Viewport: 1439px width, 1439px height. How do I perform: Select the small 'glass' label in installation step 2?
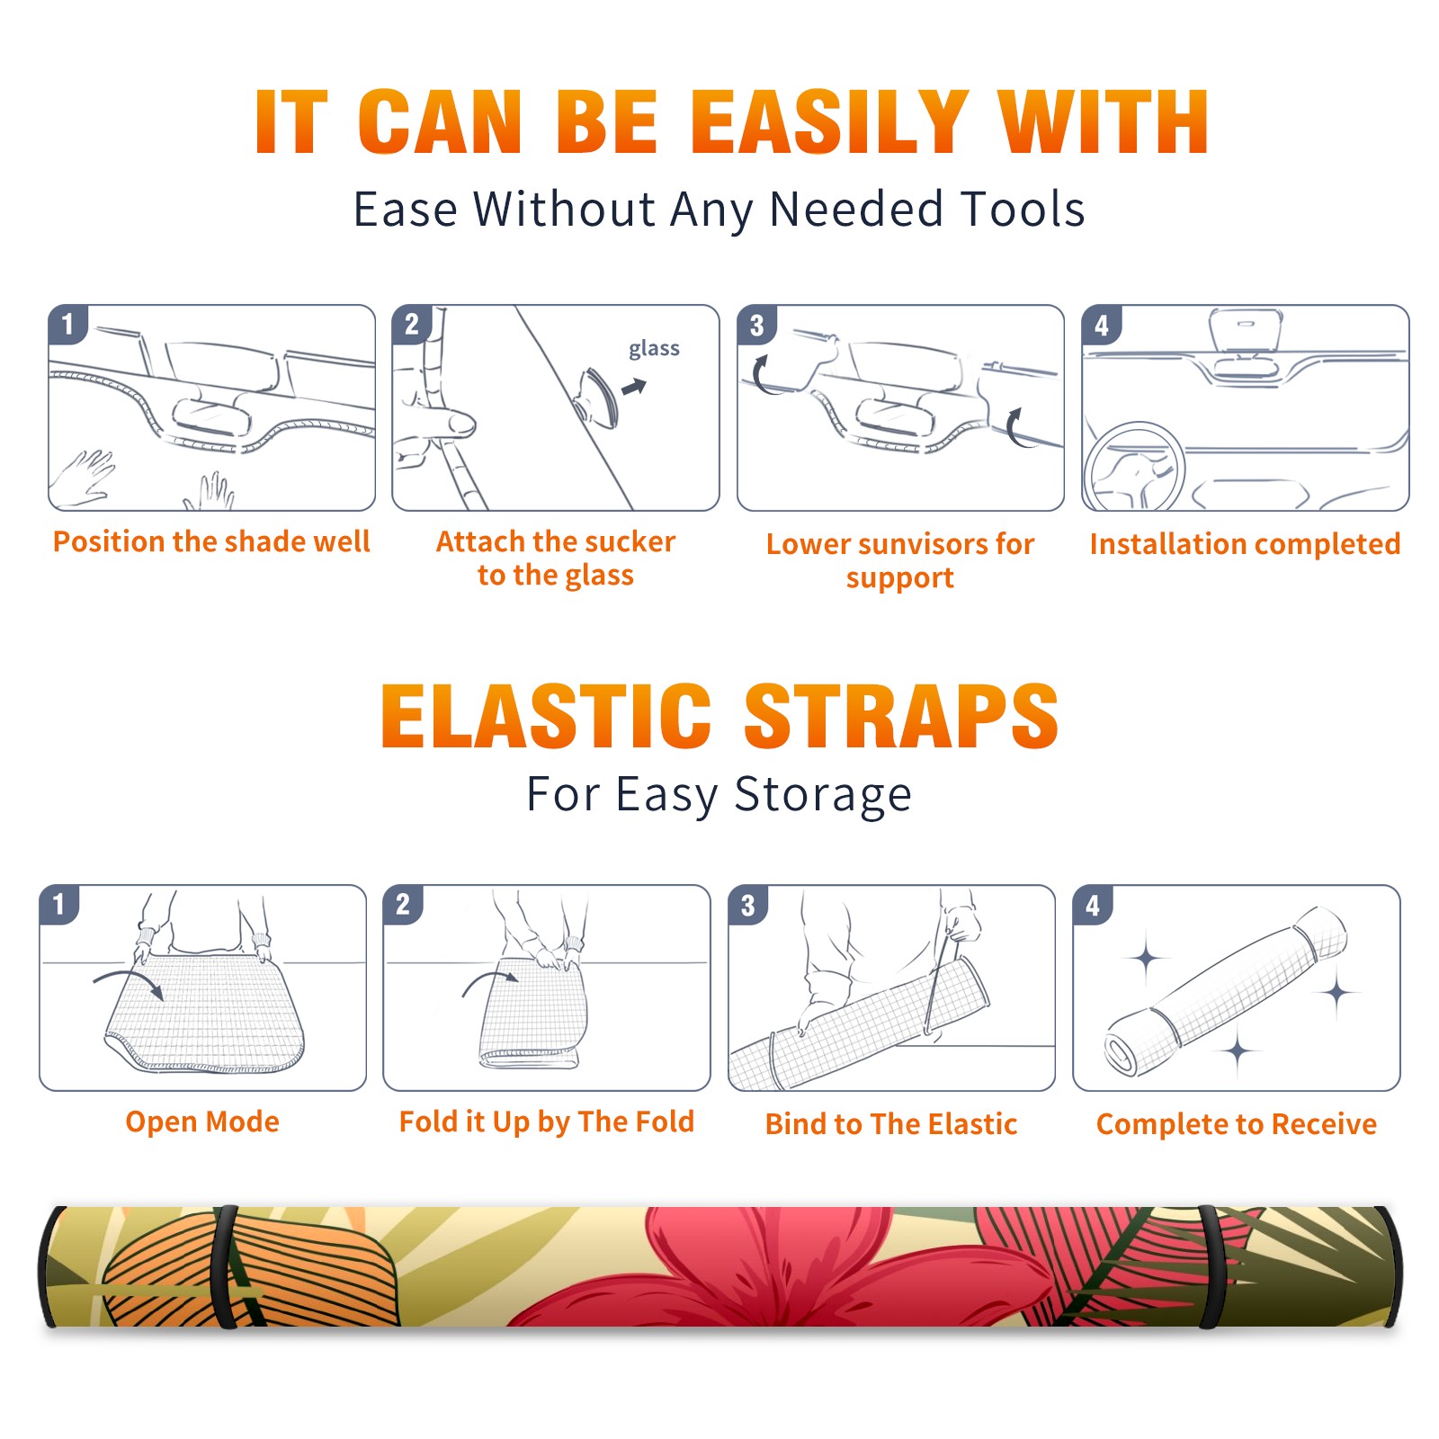pos(654,349)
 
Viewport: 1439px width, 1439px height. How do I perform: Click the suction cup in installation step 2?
pos(596,397)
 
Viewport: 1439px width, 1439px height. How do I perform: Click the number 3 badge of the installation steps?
pos(756,325)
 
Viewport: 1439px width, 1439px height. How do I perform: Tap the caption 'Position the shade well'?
pos(211,541)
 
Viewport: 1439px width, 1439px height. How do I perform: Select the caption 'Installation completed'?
pos(1245,543)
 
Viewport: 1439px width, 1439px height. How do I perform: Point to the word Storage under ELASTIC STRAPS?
pos(823,794)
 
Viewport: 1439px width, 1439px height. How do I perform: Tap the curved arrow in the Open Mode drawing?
pos(129,982)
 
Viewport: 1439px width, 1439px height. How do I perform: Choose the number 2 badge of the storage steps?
pos(403,904)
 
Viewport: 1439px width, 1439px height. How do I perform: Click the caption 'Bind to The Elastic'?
pos(890,1123)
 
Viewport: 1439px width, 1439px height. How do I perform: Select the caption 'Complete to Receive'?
pos(1236,1124)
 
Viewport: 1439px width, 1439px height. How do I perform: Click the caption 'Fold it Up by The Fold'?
pos(546,1122)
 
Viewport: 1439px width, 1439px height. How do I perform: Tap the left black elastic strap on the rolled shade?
pos(225,1267)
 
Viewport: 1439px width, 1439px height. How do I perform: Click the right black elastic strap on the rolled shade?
pos(1211,1267)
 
